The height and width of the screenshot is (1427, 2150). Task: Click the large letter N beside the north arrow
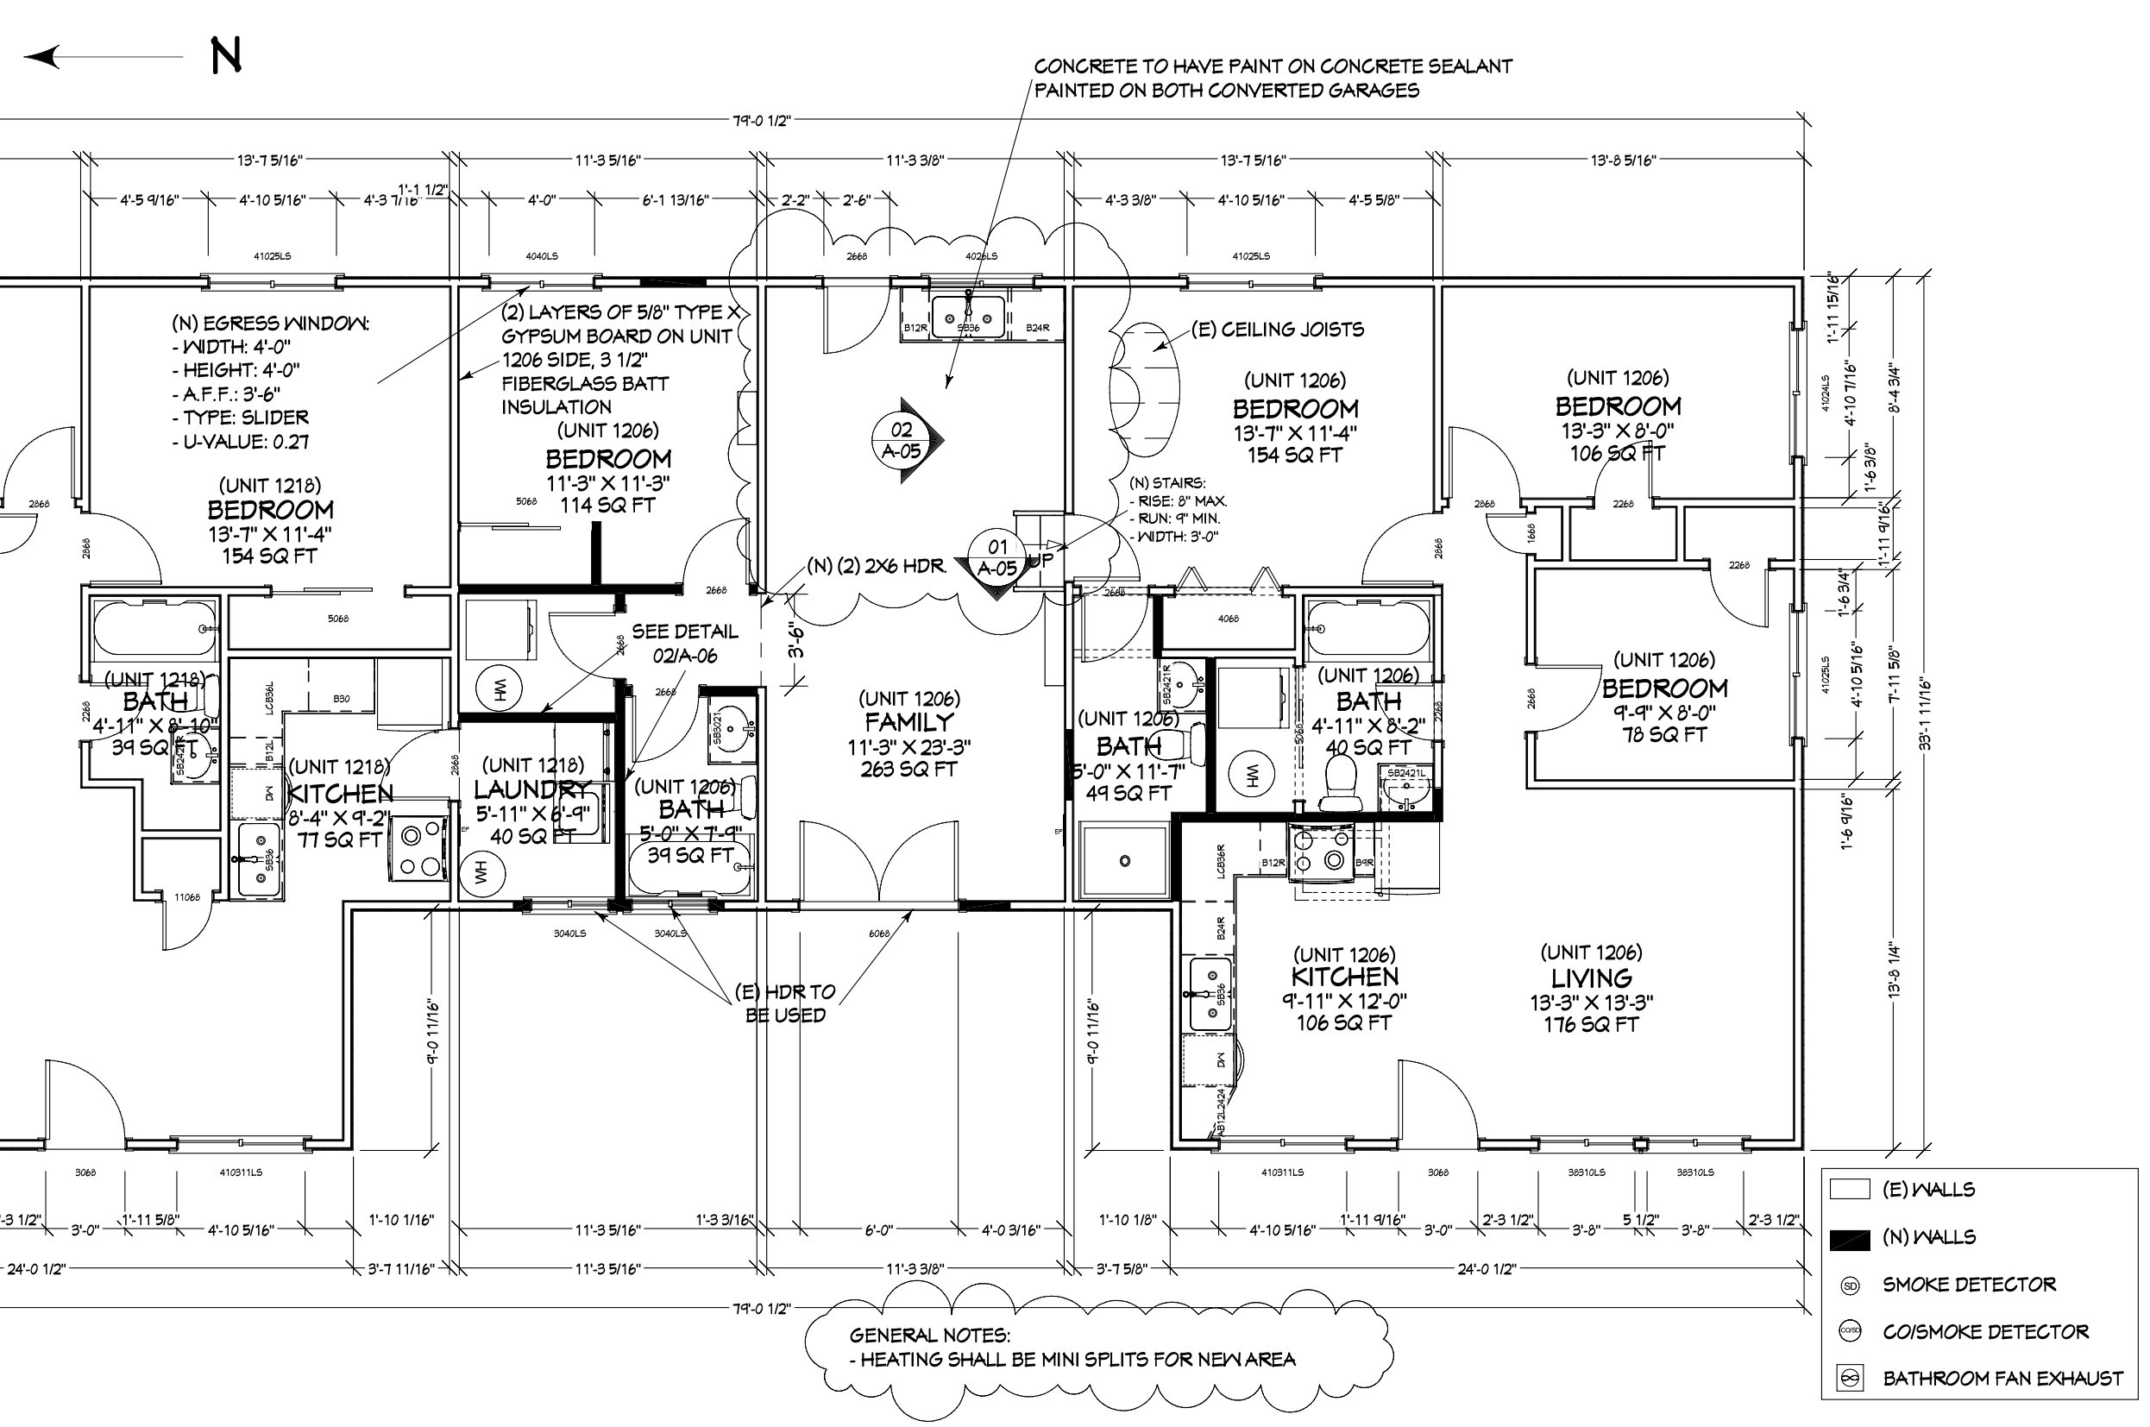click(x=226, y=55)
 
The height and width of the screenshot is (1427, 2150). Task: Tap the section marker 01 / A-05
click(x=997, y=558)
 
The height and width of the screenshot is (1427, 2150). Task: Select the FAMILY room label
click(x=909, y=723)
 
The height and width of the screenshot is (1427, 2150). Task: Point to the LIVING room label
click(x=1590, y=978)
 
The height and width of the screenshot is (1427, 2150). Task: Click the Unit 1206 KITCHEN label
click(x=1345, y=978)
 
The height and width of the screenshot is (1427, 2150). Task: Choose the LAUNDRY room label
click(x=532, y=789)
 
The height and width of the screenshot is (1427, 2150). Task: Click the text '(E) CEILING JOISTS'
click(x=1278, y=330)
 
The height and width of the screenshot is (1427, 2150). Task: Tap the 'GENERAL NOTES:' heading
click(x=929, y=1335)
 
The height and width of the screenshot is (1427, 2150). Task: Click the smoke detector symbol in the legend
click(x=1850, y=1286)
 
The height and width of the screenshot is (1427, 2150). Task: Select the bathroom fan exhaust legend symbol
click(x=1850, y=1379)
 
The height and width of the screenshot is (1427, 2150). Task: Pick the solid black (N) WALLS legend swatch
click(x=1849, y=1239)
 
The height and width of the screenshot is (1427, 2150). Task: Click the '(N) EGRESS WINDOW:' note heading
click(x=270, y=323)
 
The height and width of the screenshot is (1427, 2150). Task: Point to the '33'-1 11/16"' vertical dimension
click(x=1926, y=713)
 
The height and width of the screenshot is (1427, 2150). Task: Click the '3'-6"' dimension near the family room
click(x=796, y=640)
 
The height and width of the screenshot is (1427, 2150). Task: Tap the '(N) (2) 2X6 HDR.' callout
click(x=877, y=566)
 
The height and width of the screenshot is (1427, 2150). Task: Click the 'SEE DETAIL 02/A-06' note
click(x=684, y=644)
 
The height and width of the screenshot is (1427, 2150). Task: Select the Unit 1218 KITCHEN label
click(x=340, y=794)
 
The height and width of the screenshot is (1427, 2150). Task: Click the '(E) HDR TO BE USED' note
click(x=784, y=1003)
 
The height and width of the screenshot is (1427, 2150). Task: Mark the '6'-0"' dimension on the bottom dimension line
click(x=878, y=1230)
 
